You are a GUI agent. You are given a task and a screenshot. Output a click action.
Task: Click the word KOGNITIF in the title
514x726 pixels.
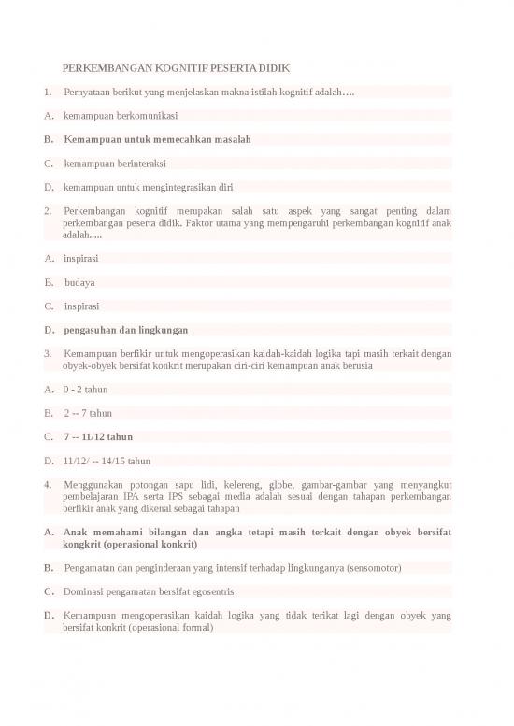(x=188, y=69)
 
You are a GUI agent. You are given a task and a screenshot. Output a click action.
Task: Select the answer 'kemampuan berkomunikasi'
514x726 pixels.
(x=121, y=116)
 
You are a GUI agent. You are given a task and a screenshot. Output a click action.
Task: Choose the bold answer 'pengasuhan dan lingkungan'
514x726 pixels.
(x=126, y=330)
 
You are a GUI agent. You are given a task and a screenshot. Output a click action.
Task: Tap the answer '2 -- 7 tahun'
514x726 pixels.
(x=88, y=412)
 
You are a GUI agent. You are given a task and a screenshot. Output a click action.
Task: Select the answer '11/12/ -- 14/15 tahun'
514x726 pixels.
(x=107, y=461)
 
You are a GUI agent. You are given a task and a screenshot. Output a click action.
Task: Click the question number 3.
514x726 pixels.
(x=47, y=354)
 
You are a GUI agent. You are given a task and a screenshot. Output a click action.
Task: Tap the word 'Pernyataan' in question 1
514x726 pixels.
(x=87, y=93)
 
